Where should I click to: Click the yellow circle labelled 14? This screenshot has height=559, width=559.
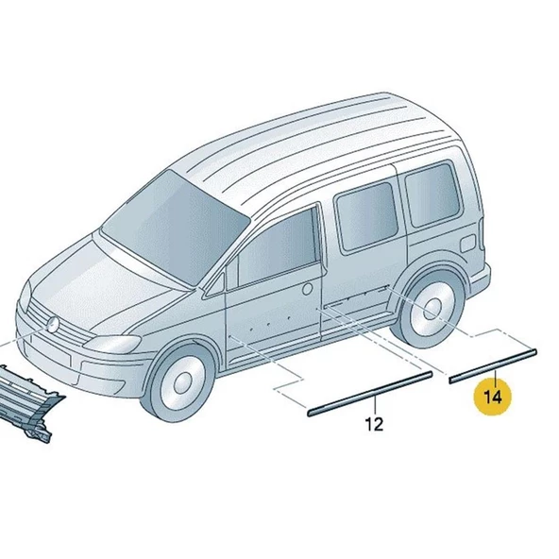pyautogui.click(x=492, y=397)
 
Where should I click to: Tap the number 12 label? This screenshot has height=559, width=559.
pyautogui.click(x=374, y=424)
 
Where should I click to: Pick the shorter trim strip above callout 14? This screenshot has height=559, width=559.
pyautogui.click(x=493, y=364)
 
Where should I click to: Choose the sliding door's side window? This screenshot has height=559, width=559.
pyautogui.click(x=364, y=216)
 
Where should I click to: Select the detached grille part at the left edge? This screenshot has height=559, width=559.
pyautogui.click(x=28, y=406)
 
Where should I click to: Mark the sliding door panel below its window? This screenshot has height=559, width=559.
pyautogui.click(x=364, y=283)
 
